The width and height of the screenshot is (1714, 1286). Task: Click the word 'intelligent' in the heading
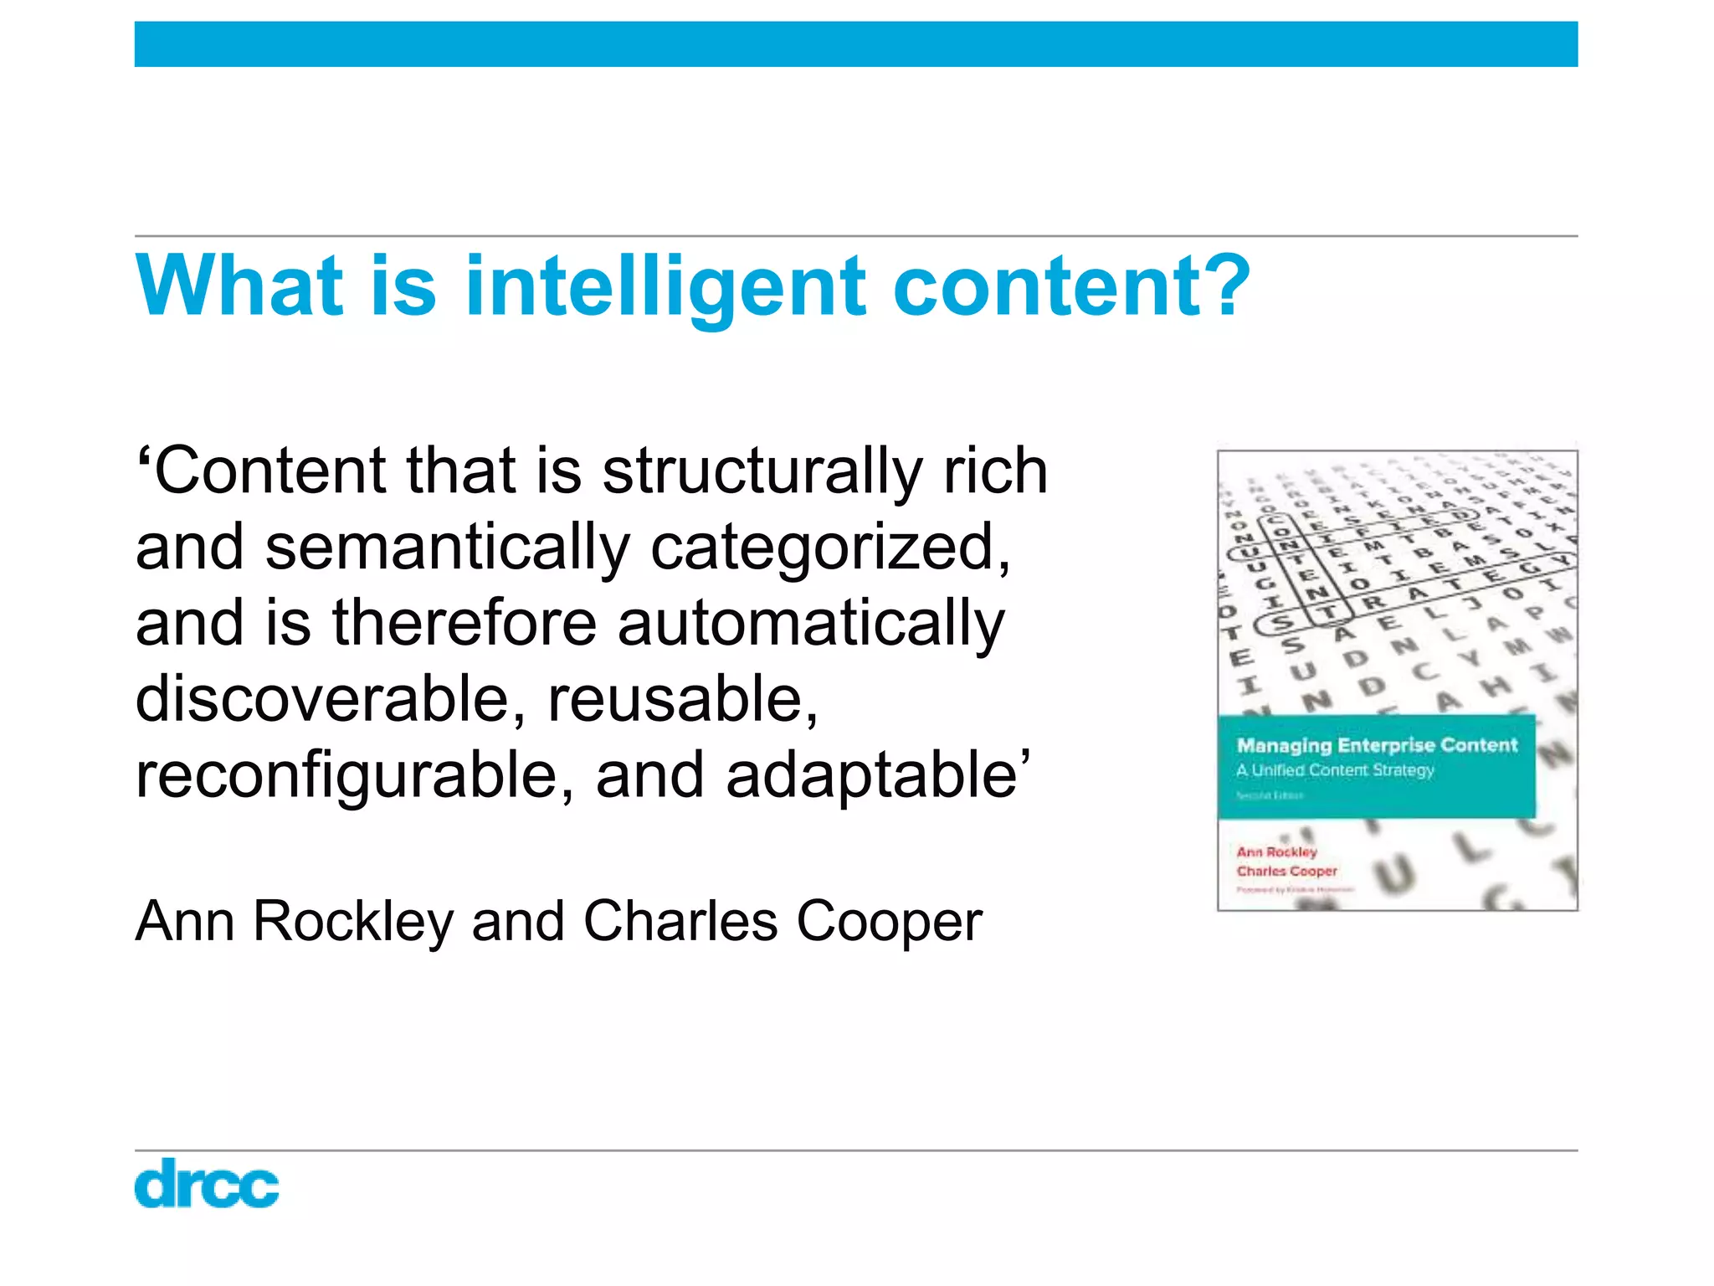(x=665, y=286)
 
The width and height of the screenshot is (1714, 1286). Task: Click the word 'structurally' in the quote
(x=762, y=471)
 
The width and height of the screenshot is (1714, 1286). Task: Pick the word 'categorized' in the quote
(x=829, y=548)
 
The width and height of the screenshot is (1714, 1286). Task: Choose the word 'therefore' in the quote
(x=464, y=624)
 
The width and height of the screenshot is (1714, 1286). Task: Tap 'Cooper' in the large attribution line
(x=889, y=921)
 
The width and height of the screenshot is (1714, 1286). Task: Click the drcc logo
(x=207, y=1183)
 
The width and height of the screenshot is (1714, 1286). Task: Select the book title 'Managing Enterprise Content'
(x=1377, y=745)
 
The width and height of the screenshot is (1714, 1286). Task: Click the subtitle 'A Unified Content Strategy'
(x=1335, y=770)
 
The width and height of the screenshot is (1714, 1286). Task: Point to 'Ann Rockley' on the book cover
(x=1277, y=851)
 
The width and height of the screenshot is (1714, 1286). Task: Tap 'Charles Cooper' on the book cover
(x=1287, y=871)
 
